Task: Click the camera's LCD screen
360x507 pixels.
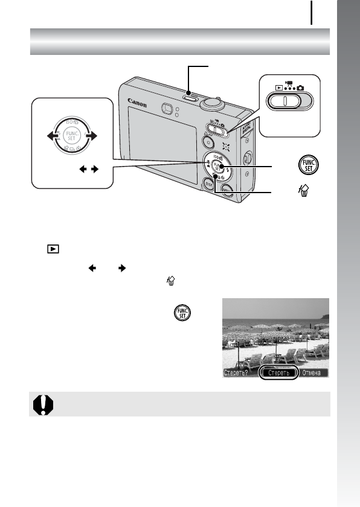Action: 162,148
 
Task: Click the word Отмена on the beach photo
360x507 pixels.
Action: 313,372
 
